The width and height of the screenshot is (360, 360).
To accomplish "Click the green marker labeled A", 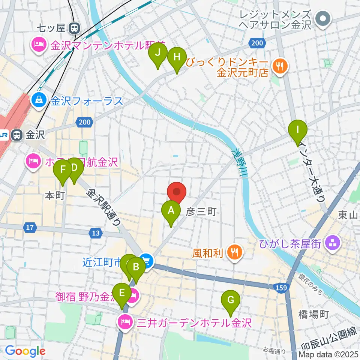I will pos(171,210).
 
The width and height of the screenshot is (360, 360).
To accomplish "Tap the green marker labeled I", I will pos(297,130).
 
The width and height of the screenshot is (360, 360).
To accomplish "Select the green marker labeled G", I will pos(231,300).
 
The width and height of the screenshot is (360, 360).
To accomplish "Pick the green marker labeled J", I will pos(158,52).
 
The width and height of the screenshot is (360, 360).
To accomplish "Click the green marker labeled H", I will pos(177,57).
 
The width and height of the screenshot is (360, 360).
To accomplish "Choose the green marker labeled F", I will pos(63,170).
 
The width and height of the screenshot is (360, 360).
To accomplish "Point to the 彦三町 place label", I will pos(201,212).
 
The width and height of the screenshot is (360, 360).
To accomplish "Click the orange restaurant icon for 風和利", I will pos(235,252).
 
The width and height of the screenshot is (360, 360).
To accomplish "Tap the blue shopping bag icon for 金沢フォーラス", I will pos(39,100).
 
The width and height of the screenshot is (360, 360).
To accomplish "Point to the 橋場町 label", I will pos(314,314).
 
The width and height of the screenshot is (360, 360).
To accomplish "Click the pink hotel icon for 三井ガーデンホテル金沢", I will pos(123,322).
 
